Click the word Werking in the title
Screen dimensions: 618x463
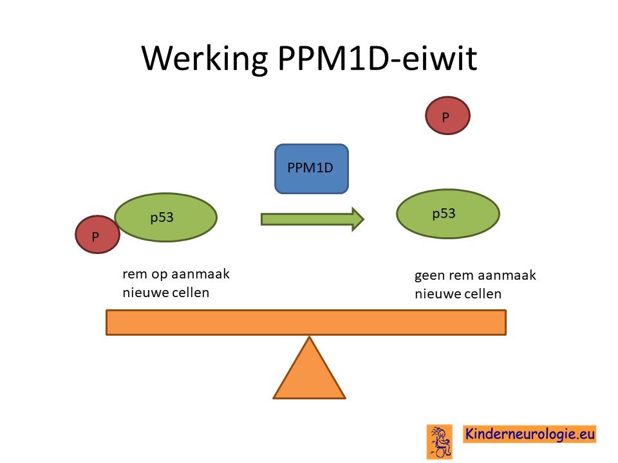(x=205, y=59)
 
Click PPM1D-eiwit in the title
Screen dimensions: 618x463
(x=378, y=58)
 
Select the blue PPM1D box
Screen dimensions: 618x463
(x=312, y=168)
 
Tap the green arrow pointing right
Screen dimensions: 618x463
(x=312, y=219)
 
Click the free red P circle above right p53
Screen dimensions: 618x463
(x=448, y=116)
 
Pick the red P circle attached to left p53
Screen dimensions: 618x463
(x=97, y=234)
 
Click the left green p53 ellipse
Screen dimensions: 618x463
(x=166, y=217)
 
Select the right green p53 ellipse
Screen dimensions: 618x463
(x=448, y=213)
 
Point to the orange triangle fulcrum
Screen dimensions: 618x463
(x=310, y=368)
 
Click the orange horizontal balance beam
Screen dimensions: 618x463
(x=306, y=322)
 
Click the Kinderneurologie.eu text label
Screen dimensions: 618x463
(x=530, y=434)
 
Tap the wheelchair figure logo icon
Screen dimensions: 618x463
(x=440, y=442)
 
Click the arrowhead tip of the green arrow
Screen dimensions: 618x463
(x=364, y=219)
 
